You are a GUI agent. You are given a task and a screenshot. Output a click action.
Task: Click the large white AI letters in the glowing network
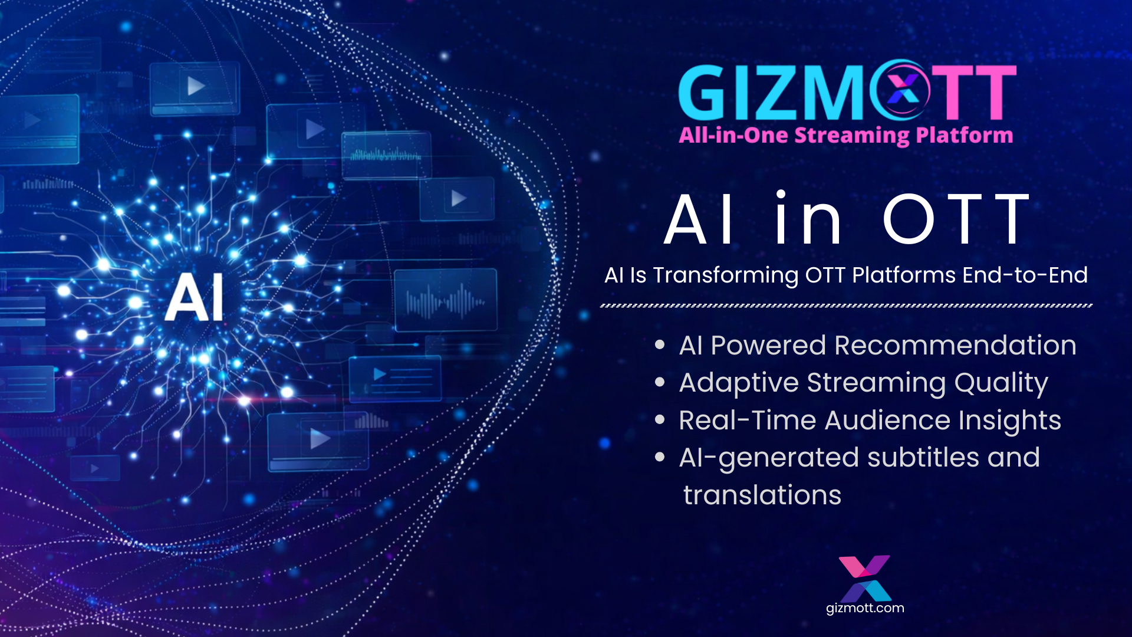tap(195, 297)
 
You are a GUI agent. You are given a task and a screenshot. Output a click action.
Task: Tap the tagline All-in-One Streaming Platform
tap(845, 135)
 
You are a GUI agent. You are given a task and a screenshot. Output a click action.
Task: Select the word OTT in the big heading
tap(956, 219)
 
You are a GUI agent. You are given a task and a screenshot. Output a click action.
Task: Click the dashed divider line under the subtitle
tap(846, 306)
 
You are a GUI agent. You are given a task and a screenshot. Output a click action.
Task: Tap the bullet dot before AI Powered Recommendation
tap(660, 345)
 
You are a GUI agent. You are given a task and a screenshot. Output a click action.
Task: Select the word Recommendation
tap(955, 345)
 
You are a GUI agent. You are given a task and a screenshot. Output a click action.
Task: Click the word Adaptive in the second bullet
tap(739, 383)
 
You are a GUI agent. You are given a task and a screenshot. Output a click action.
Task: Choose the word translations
tap(762, 495)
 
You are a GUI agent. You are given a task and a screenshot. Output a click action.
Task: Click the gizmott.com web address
tap(865, 608)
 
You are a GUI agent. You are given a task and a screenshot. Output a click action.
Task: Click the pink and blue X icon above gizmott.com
tap(865, 577)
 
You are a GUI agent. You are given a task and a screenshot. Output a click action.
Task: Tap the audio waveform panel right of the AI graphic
tap(446, 300)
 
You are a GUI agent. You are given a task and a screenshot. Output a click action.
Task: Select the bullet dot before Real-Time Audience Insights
tap(660, 420)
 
